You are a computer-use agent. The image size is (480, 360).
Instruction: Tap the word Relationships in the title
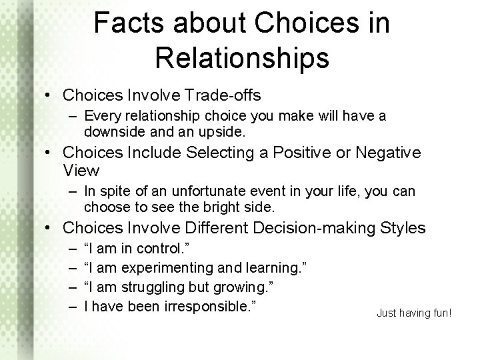tap(242, 57)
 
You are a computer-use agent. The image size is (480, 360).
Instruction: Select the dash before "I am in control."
tap(70, 249)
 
